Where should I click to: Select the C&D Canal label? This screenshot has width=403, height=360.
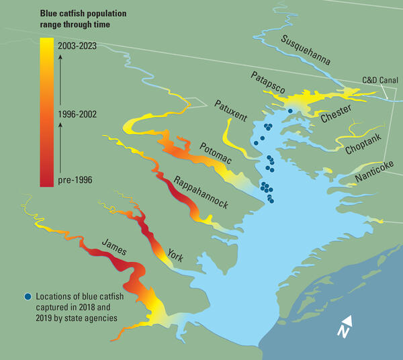[379, 80]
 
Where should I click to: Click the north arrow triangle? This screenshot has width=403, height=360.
[346, 321]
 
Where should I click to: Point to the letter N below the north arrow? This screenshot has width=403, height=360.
[343, 332]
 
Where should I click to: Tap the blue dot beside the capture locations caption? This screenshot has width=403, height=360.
[27, 296]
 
